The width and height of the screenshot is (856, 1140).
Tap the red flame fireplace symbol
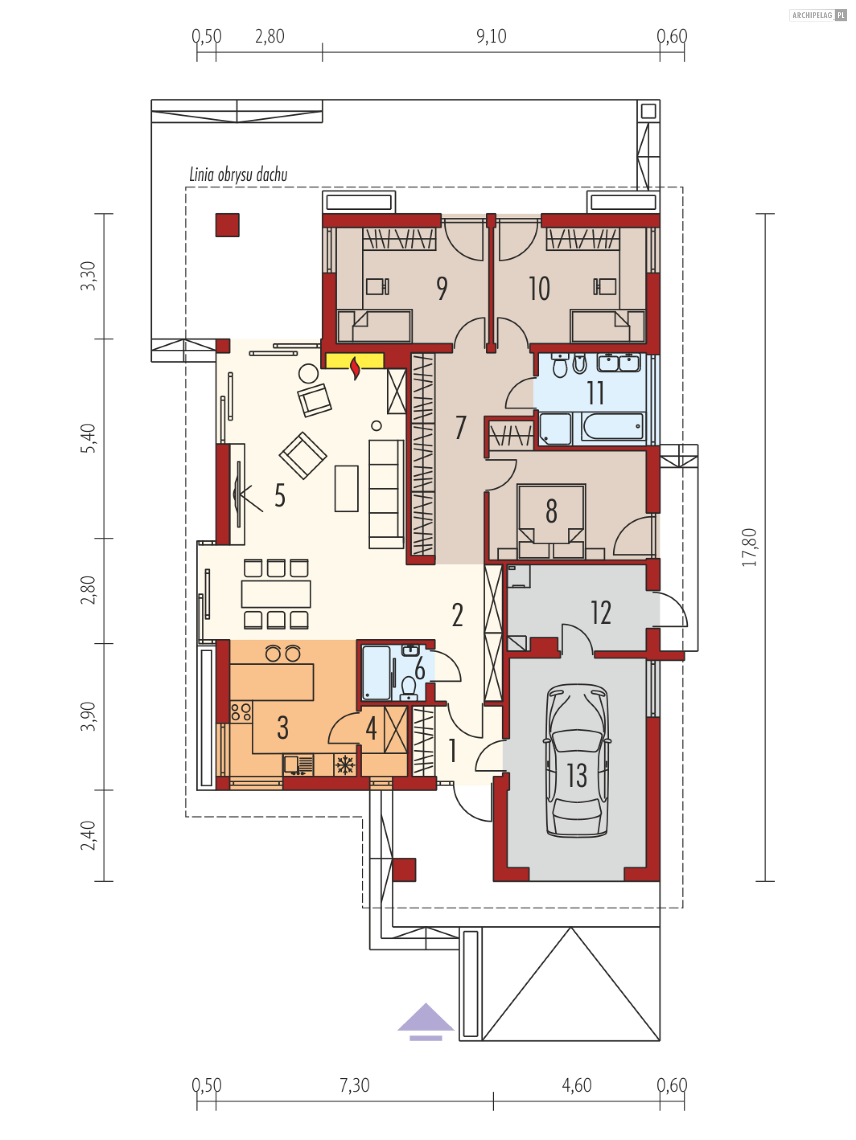[x=355, y=368]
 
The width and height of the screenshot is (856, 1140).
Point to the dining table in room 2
[x=276, y=594]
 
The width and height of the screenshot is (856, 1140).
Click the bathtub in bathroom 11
[x=613, y=427]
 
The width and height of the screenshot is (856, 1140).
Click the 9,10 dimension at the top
[x=491, y=36]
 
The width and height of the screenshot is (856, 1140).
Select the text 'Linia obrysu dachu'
[x=238, y=175]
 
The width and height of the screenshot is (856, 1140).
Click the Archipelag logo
[x=818, y=16]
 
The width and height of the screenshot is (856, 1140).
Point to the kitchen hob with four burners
[x=241, y=712]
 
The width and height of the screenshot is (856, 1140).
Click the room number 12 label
[x=601, y=613]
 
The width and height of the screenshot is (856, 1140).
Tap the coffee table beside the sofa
[x=346, y=489]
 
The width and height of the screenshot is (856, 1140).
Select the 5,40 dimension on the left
[x=89, y=438]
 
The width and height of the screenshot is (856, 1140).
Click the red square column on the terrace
[x=227, y=225]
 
